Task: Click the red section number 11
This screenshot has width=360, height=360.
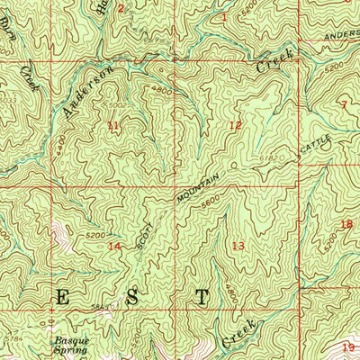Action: (x=112, y=125)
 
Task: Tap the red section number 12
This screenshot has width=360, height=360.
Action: (x=235, y=125)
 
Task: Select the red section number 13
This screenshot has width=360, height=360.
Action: (x=238, y=246)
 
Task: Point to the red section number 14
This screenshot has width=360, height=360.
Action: (x=113, y=246)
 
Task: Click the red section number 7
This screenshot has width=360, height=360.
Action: (x=343, y=104)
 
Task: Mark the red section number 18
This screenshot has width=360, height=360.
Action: (x=346, y=224)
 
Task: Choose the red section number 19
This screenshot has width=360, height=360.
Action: (x=348, y=346)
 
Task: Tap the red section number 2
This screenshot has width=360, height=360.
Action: (x=121, y=9)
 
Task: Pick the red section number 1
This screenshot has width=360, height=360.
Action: (x=224, y=17)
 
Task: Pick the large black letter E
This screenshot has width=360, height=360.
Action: (x=62, y=296)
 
